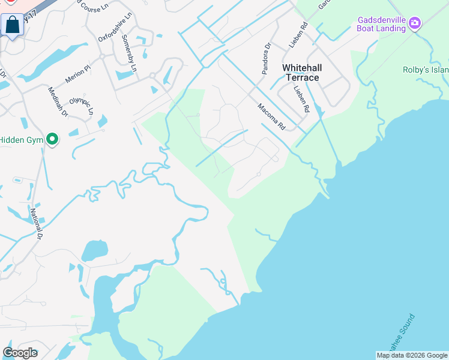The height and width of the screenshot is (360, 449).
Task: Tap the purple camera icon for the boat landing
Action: tap(415, 23)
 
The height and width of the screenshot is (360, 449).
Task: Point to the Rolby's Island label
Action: tap(426, 70)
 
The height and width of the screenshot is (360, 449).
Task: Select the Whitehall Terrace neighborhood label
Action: tap(301, 73)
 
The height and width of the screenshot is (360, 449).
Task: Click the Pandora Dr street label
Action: tap(267, 59)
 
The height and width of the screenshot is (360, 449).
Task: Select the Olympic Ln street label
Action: tap(82, 106)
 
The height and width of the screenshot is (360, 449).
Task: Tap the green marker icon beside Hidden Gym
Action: tap(52, 140)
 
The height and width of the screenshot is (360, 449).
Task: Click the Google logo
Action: tap(20, 353)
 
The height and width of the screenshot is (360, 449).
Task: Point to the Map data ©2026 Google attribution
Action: tap(411, 355)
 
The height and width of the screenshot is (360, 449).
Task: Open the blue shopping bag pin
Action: tap(12, 26)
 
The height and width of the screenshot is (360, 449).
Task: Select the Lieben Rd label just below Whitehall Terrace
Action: tap(301, 100)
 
